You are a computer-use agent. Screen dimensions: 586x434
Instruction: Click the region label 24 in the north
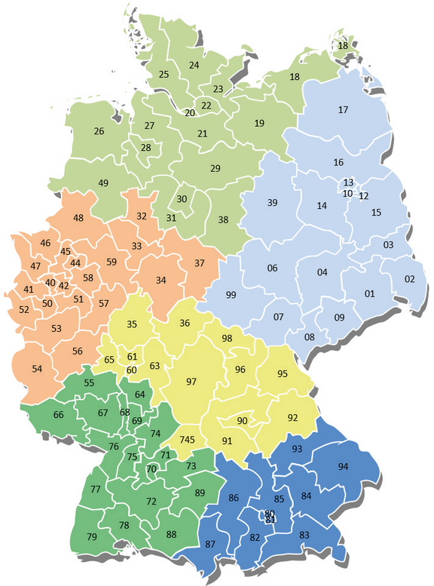pos(194,66)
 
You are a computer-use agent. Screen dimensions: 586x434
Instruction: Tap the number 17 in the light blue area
pos(343,111)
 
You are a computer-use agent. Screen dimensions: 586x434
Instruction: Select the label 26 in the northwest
pos(99,131)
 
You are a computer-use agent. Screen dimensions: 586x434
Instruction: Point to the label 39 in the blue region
pos(273,202)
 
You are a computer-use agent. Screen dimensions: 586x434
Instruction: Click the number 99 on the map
pos(231,294)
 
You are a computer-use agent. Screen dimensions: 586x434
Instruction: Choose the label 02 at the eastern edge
pos(410,279)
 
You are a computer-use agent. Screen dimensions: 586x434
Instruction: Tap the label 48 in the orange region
pos(78,219)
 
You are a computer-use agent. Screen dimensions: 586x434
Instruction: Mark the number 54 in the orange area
pos(37,369)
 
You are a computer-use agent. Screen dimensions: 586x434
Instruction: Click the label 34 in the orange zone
pos(160,281)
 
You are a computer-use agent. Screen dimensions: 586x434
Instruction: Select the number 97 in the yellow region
pos(191,382)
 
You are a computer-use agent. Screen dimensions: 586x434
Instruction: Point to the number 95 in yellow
pos(283,374)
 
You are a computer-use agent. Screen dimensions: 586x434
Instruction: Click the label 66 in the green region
pos(59,415)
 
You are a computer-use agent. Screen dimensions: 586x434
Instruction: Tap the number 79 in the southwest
pos(92,537)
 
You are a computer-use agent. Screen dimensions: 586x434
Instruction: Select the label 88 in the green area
pos(171,535)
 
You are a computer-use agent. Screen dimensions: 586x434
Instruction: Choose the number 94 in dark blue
pos(343,467)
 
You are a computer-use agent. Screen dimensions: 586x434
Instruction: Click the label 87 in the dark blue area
pos(209,545)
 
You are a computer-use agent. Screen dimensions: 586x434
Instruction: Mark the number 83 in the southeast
pos(304,535)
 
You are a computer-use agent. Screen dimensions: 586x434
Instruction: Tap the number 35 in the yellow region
pos(132,325)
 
